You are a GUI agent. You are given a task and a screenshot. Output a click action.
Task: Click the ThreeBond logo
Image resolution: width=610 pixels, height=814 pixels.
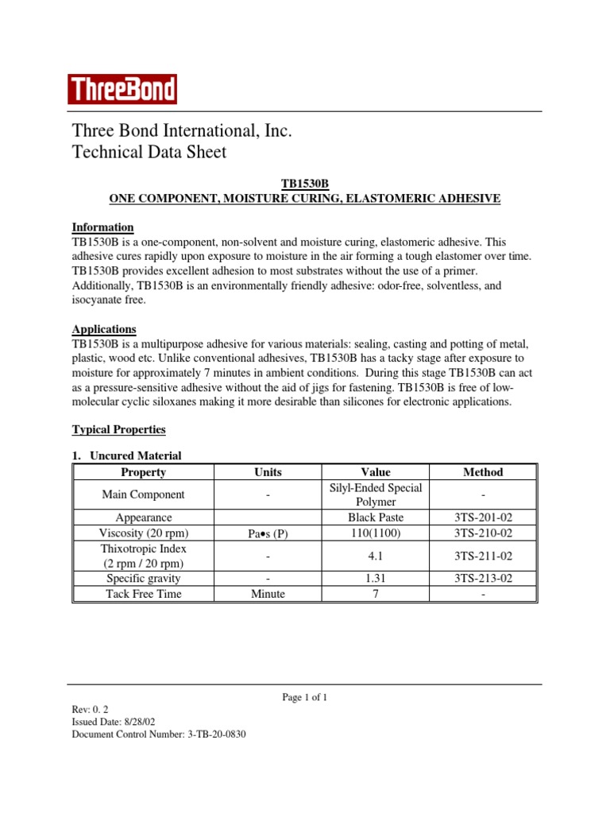tap(122, 89)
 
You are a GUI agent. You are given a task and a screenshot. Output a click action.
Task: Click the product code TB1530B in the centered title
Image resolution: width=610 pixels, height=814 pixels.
tap(305, 184)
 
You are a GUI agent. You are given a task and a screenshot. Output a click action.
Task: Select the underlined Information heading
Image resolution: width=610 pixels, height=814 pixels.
tap(102, 227)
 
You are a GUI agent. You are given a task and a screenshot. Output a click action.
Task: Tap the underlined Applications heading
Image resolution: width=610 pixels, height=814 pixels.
tap(104, 329)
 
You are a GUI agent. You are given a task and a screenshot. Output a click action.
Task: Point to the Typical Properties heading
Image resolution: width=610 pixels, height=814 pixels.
tap(118, 429)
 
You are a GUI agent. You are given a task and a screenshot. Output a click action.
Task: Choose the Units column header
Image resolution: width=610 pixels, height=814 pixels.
tap(268, 472)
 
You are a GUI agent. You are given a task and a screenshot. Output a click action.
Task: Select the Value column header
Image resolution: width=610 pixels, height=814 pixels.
tap(375, 472)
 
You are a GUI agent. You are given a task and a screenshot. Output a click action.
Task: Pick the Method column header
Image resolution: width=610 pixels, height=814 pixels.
tap(483, 472)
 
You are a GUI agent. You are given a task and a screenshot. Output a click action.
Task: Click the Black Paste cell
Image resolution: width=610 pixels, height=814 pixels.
tap(375, 517)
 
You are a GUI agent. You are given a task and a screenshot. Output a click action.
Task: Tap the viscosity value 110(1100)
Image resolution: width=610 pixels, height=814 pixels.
tap(375, 533)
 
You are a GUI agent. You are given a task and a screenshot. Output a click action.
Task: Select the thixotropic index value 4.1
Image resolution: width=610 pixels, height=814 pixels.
tap(375, 556)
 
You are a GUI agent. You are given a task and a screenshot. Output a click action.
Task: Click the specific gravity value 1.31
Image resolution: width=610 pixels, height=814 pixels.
tap(375, 579)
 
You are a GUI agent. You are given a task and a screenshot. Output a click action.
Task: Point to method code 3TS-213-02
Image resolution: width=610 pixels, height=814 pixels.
tap(483, 579)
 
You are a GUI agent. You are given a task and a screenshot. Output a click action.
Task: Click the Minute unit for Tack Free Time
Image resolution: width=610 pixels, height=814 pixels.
tap(268, 594)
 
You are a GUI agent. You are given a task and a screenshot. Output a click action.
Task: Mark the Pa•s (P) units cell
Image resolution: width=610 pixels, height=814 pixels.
tap(268, 533)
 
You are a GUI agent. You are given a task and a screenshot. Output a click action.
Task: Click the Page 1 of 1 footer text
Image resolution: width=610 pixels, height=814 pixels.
tap(305, 697)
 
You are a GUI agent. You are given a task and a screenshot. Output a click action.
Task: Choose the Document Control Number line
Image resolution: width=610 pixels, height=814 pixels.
tap(159, 735)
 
